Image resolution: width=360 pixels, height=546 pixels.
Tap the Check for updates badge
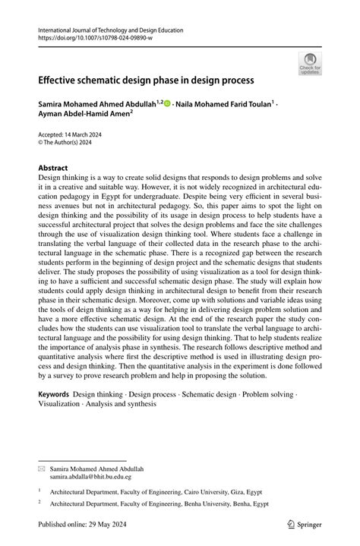[310, 65]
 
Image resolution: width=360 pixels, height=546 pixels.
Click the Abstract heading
[53, 168]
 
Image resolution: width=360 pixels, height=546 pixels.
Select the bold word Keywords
[54, 395]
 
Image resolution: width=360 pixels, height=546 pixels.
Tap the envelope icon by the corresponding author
[42, 469]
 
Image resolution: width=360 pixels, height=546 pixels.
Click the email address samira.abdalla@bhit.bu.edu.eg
[90, 477]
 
